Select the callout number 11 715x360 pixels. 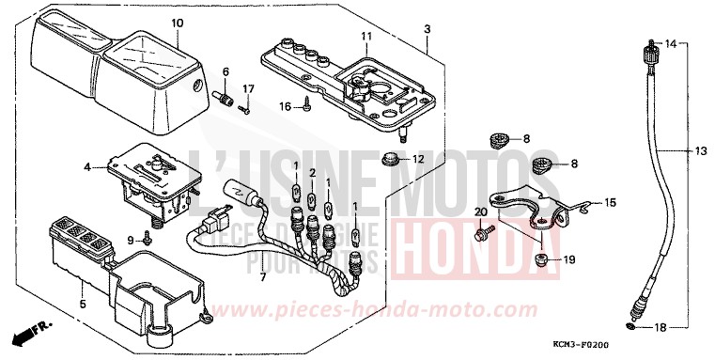(x=365, y=37)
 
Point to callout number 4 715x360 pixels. (x=86, y=167)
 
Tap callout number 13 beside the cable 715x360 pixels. (x=700, y=150)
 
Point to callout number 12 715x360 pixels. (x=419, y=158)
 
